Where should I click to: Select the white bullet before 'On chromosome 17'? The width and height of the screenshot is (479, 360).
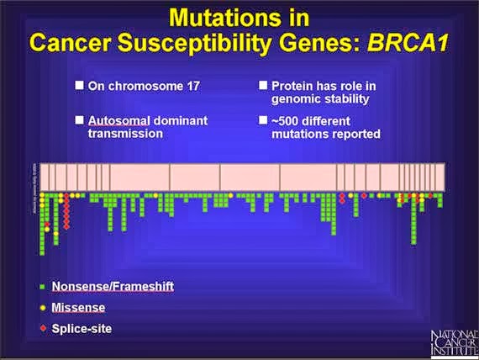click(x=79, y=85)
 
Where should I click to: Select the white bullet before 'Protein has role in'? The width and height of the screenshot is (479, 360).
click(x=262, y=85)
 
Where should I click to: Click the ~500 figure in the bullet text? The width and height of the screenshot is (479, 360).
click(x=286, y=119)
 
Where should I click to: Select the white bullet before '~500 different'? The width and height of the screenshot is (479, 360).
click(x=262, y=119)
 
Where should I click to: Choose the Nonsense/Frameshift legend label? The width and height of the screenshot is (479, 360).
click(x=113, y=286)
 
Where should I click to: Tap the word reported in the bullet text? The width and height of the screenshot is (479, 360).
click(x=358, y=133)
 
